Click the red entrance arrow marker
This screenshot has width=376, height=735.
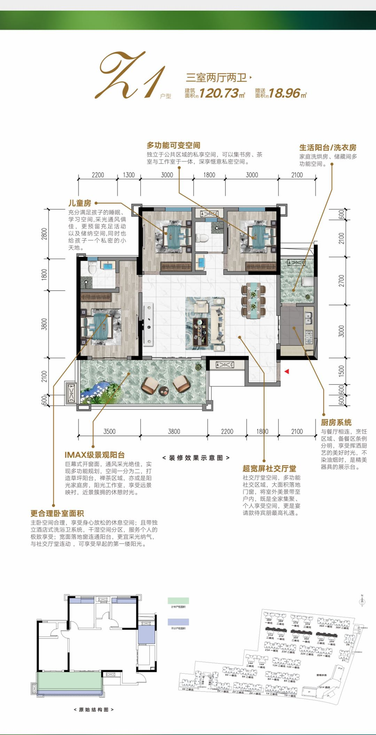tap(287, 372)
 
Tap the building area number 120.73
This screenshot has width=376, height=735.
tap(219, 93)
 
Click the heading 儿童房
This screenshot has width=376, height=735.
tap(80, 203)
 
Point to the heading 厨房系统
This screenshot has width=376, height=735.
tap(336, 422)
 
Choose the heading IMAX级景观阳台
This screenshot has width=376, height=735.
tap(95, 455)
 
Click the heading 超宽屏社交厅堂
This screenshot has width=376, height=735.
tap(269, 468)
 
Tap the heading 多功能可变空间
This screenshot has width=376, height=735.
tap(173, 145)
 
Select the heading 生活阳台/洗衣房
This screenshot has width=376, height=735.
tap(328, 148)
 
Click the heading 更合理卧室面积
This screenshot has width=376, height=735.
tap(57, 513)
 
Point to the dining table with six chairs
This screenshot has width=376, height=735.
tap(253, 300)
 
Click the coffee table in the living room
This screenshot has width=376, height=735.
tap(200, 331)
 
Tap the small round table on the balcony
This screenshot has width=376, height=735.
tap(164, 391)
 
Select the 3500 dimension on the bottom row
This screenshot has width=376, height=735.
tap(109, 432)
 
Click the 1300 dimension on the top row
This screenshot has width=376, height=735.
tap(129, 175)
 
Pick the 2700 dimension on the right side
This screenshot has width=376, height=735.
tap(342, 280)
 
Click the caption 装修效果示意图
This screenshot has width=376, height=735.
tap(196, 458)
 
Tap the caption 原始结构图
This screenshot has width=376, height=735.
tap(94, 710)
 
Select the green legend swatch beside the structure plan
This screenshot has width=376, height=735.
tap(178, 601)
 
